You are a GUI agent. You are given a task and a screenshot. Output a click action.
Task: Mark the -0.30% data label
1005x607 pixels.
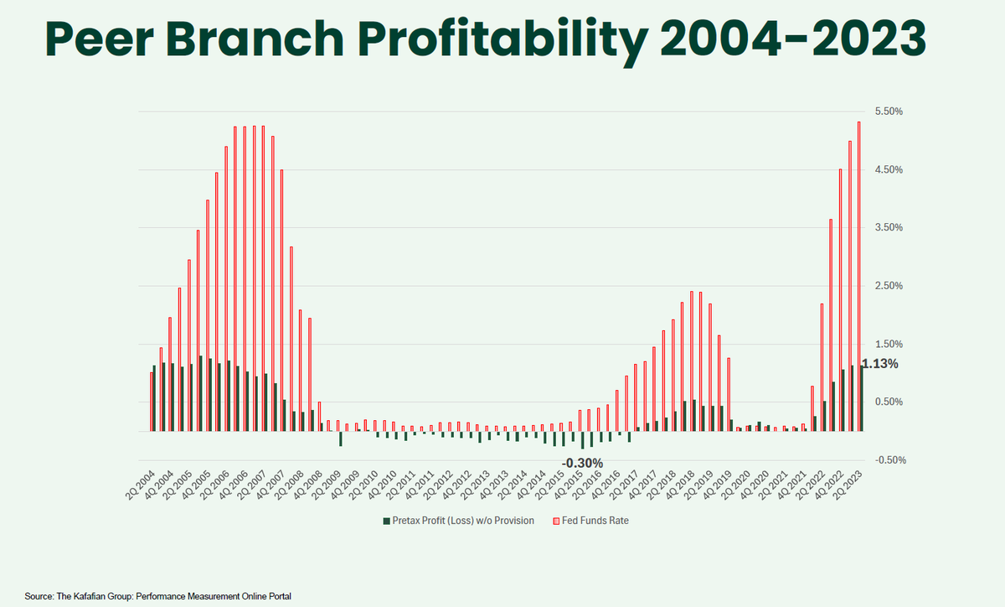coord(582,463)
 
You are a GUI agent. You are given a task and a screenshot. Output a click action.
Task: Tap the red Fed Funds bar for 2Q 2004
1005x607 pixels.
coord(151,402)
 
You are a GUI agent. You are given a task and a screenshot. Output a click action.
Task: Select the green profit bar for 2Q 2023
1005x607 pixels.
coord(862,399)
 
